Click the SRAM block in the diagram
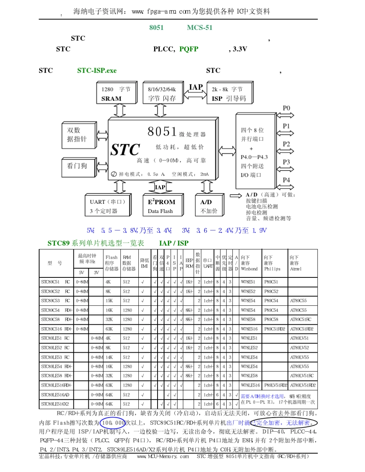[116, 93]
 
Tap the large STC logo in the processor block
[125, 149]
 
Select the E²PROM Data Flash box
[161, 206]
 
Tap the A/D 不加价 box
[209, 206]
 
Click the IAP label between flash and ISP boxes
[196, 87]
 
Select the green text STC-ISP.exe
[97, 71]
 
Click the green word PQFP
[189, 49]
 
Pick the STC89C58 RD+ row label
[56, 319]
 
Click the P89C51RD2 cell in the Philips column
[274, 329]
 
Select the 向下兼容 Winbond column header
[250, 263]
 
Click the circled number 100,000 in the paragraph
[113, 422]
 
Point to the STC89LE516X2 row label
[56, 404]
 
